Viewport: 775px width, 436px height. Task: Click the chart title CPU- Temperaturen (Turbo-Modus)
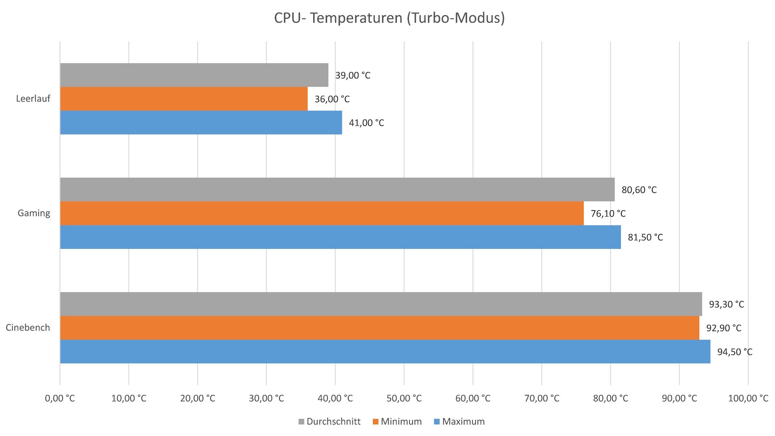click(389, 18)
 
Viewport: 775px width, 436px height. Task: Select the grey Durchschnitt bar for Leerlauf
click(194, 75)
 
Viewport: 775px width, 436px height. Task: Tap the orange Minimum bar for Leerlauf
click(184, 99)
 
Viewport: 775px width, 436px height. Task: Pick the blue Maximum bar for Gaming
click(340, 237)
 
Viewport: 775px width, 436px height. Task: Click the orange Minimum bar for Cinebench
click(379, 328)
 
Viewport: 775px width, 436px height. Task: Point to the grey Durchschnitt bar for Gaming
click(337, 189)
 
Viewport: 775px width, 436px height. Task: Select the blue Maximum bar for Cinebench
click(385, 352)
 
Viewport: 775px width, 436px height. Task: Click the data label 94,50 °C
click(735, 352)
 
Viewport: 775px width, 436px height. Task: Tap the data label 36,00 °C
click(332, 99)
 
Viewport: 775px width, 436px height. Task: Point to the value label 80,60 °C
click(639, 190)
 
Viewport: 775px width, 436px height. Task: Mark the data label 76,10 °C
click(608, 214)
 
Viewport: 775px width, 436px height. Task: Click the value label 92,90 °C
click(723, 328)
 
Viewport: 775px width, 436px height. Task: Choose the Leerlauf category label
click(33, 99)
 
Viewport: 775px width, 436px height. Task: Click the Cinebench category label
click(28, 328)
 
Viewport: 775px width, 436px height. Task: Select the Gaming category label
click(34, 213)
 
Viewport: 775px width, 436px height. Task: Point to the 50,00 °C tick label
click(404, 398)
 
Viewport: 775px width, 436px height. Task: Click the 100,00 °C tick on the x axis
click(748, 398)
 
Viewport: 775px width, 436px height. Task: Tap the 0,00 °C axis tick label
click(60, 398)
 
